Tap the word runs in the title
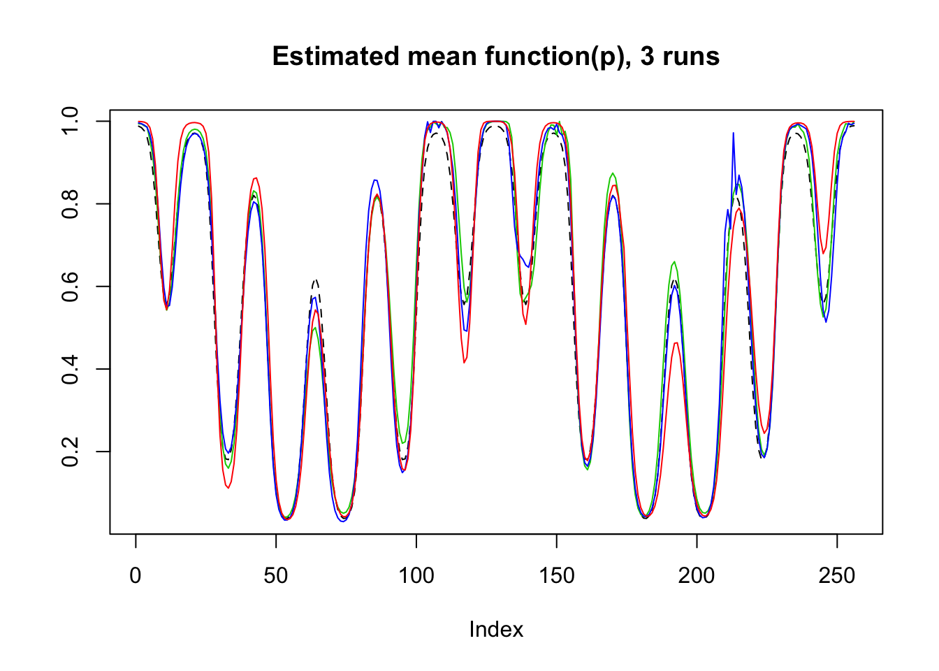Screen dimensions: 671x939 pos(690,56)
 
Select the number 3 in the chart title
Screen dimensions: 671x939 pos(646,56)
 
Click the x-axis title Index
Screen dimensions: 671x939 pos(496,629)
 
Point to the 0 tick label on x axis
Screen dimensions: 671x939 pos(136,575)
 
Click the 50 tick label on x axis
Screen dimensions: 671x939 pos(276,575)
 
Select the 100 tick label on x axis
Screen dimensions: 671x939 pos(416,575)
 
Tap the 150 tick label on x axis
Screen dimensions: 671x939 pos(557,575)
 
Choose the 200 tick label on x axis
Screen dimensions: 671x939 pos(697,575)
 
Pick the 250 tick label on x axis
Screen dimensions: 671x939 pos(837,575)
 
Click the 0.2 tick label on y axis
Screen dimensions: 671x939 pos(71,452)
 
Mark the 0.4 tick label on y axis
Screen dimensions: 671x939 pos(71,369)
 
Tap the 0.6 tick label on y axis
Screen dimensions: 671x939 pos(71,287)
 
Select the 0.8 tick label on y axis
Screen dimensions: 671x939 pos(71,204)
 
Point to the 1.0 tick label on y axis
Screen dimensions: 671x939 pos(71,122)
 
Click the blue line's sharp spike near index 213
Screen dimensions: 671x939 pos(733,134)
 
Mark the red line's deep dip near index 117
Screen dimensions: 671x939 pos(464,362)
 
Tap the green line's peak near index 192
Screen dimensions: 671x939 pos(674,262)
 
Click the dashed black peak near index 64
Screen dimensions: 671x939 pos(316,280)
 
